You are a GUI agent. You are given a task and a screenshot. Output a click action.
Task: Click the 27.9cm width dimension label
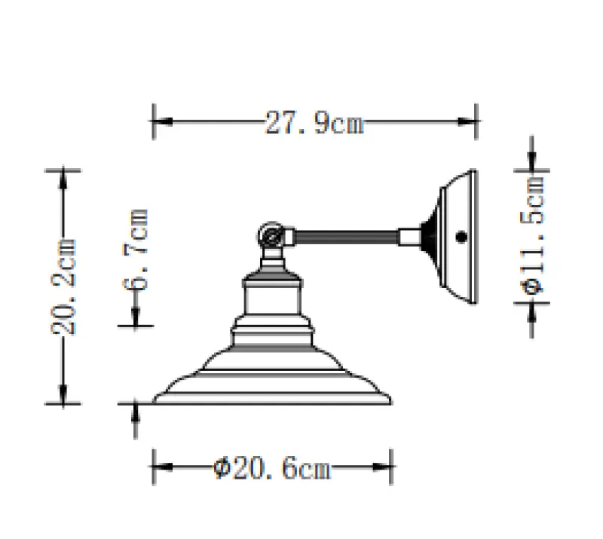click(314, 122)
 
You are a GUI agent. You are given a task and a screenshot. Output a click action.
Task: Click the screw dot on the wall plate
click(460, 237)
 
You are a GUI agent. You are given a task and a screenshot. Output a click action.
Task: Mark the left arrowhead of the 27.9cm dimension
click(160, 122)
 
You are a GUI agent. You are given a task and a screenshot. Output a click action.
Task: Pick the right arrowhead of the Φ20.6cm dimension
click(387, 470)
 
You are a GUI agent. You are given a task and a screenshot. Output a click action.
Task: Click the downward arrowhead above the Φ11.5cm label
click(533, 162)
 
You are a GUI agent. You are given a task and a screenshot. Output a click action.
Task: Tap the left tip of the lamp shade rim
click(155, 400)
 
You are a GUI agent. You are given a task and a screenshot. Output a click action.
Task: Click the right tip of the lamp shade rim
click(393, 400)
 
